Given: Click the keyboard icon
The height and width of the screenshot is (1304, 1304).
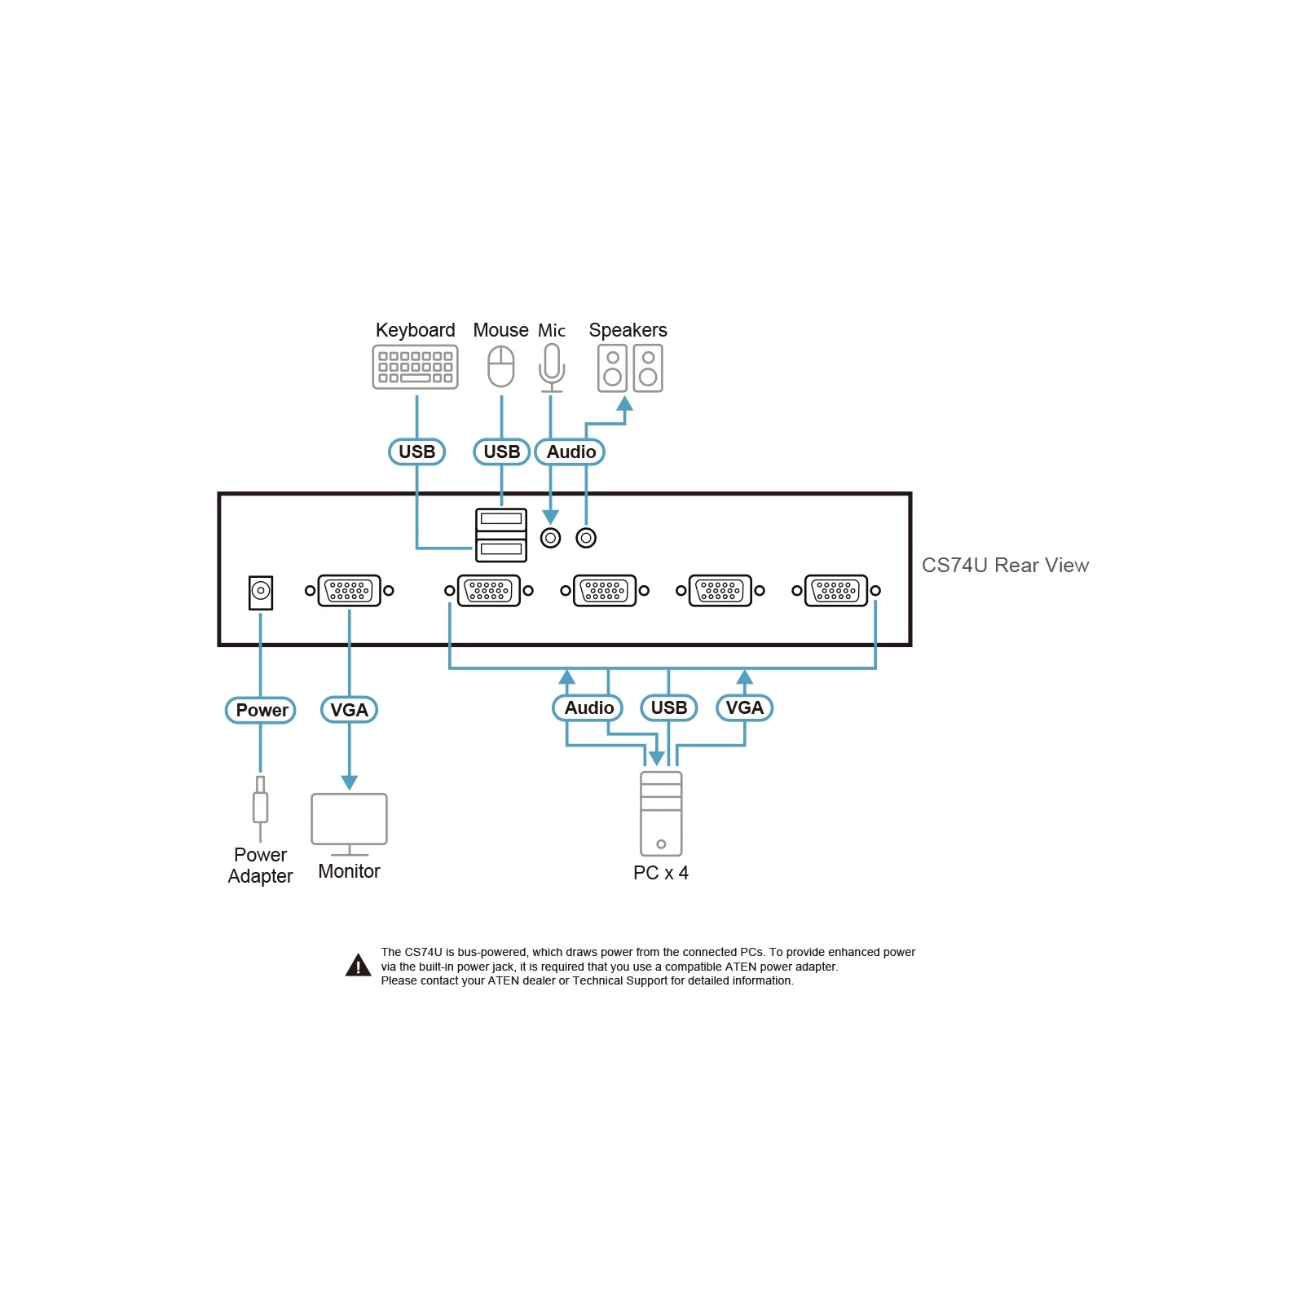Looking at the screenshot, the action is [415, 367].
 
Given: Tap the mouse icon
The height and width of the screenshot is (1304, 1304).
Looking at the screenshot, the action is [501, 367].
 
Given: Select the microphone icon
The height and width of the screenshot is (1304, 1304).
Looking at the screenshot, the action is [552, 368].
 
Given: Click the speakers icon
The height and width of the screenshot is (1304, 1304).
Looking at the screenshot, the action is [630, 368].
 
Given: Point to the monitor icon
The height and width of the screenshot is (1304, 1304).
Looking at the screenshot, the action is [349, 824].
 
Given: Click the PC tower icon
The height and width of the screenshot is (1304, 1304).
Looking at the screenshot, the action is [661, 813].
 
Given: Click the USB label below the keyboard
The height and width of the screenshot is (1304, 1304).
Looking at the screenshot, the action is [416, 452].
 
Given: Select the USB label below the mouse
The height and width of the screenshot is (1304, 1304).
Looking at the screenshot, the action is [501, 452].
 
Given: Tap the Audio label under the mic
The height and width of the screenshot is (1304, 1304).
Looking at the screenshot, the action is [570, 452].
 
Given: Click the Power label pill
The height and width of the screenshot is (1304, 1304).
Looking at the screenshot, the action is [261, 710].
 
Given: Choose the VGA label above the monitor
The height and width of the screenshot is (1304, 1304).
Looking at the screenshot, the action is [349, 710].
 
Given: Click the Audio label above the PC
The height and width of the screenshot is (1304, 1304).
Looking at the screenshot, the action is [588, 707].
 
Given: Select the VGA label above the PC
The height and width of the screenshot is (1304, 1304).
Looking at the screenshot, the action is [744, 707].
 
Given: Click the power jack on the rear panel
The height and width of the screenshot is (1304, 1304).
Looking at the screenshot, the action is [261, 593].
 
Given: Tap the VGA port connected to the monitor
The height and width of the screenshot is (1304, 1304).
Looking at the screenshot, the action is [349, 591].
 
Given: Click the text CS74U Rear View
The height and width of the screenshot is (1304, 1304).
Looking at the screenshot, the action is [1005, 565].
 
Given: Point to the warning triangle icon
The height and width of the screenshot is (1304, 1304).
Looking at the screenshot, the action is [358, 965].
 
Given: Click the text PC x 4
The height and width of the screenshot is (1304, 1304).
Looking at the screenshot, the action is [661, 873].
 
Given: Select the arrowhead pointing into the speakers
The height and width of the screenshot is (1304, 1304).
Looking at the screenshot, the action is [624, 403].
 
